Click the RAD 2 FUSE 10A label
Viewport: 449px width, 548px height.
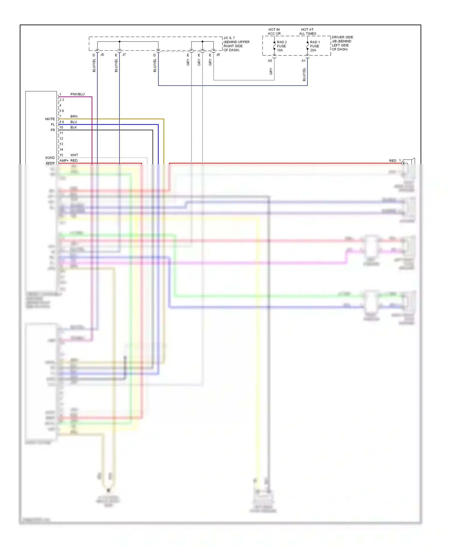click(x=281, y=46)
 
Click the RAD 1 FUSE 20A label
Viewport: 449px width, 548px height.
click(x=315, y=46)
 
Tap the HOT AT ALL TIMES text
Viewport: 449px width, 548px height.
click(x=307, y=31)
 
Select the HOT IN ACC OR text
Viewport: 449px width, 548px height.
click(x=274, y=31)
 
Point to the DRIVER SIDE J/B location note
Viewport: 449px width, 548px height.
click(x=342, y=43)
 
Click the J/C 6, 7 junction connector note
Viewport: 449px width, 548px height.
click(x=236, y=44)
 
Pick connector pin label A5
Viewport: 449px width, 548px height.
click(x=270, y=61)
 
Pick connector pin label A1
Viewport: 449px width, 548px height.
click(x=303, y=61)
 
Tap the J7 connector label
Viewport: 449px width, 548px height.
click(x=124, y=55)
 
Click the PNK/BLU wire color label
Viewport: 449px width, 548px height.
click(x=77, y=94)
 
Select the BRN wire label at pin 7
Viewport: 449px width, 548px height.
click(x=74, y=116)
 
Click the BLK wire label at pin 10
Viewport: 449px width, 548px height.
click(x=73, y=127)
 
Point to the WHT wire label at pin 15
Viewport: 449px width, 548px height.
click(x=74, y=155)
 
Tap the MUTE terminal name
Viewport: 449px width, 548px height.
click(x=50, y=119)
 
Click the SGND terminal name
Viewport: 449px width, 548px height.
click(x=50, y=158)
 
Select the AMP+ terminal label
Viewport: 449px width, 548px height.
click(x=64, y=161)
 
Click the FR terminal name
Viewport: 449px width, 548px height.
click(x=53, y=130)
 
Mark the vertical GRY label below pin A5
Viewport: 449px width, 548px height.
click(x=271, y=71)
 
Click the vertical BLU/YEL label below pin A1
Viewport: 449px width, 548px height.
click(x=304, y=74)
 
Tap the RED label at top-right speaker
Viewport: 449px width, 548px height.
click(x=392, y=161)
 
